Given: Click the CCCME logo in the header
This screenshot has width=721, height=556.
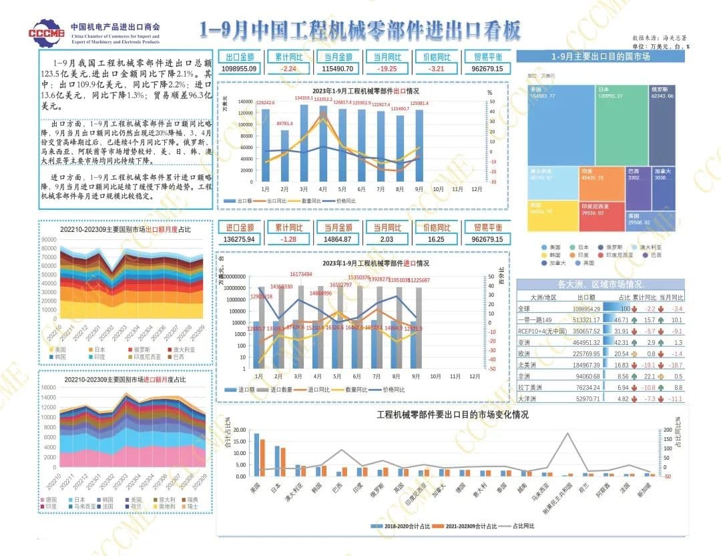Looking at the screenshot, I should [47, 31].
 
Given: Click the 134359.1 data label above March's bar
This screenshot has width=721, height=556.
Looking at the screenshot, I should [304, 98].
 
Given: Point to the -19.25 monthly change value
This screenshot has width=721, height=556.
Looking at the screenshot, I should [387, 69].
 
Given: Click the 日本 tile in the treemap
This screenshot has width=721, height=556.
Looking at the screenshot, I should [620, 124].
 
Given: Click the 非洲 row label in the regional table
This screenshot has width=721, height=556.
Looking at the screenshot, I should [525, 376].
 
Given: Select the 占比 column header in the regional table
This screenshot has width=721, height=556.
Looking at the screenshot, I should [624, 297].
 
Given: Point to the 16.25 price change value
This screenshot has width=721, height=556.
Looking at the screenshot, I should [435, 239].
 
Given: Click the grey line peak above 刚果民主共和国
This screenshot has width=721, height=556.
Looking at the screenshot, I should [568, 433].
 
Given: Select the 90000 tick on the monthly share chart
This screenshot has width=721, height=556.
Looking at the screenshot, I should [49, 239].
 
